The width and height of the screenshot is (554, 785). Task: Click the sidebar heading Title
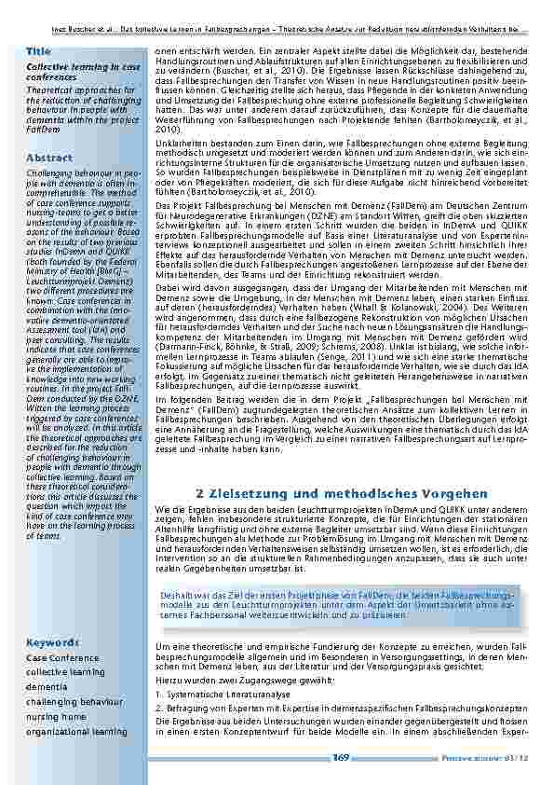point(39,49)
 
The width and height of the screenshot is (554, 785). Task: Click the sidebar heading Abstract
point(50,158)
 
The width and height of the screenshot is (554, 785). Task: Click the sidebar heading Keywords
point(52,643)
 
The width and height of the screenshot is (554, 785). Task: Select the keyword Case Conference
point(63,658)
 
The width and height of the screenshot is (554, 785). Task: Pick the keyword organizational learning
point(77,732)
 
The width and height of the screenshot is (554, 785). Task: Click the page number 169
point(340,756)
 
